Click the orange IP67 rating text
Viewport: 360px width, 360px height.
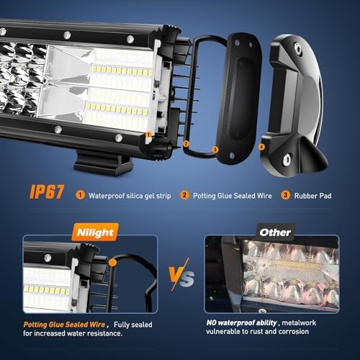point(47,192)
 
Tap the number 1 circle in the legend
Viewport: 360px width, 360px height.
point(80,195)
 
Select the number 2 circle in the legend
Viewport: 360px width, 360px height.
point(184,195)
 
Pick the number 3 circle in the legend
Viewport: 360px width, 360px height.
point(285,195)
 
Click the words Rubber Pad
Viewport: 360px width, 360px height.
point(312,196)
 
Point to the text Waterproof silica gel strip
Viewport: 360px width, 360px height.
point(130,196)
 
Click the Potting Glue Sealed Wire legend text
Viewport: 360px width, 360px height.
point(233,196)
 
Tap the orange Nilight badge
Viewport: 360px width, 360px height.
point(95,232)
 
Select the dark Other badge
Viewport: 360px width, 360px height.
point(275,232)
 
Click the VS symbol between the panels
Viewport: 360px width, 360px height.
point(181,275)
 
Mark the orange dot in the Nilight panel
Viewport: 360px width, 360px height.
point(112,262)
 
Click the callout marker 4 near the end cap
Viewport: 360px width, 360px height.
point(262,147)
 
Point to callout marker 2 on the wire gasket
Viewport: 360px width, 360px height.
point(186,144)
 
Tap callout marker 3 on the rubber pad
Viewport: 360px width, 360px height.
point(215,150)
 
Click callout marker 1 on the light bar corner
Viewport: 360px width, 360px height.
point(148,135)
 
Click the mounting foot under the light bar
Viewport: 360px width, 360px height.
point(104,163)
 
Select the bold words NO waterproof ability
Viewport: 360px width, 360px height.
point(242,323)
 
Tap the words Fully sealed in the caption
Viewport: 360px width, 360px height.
point(133,325)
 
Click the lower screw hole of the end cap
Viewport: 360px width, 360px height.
point(287,159)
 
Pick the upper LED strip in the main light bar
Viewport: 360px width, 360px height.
point(122,71)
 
